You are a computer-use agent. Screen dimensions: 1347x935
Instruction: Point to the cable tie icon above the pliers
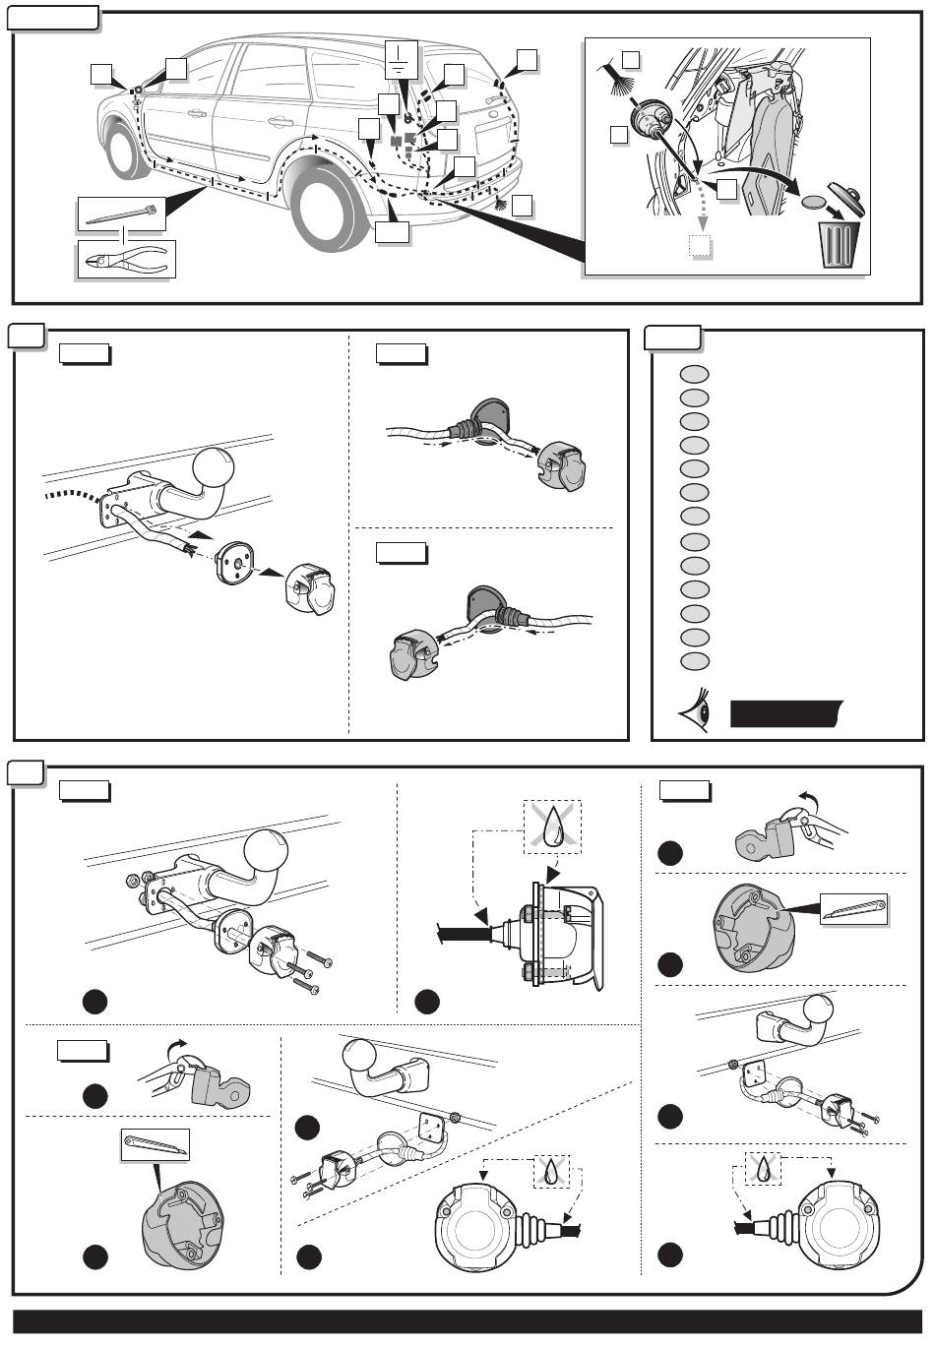(122, 214)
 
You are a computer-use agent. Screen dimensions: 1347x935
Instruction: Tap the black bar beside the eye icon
(785, 713)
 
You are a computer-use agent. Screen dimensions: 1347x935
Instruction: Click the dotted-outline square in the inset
(699, 245)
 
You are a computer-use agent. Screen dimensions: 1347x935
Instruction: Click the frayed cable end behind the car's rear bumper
(501, 205)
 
